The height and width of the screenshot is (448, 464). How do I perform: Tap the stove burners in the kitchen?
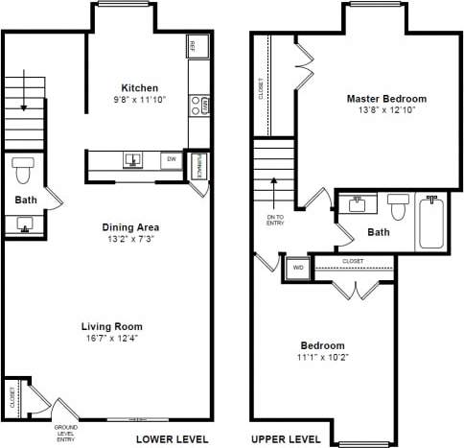(x=199, y=105)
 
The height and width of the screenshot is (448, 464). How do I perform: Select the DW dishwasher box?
(x=172, y=159)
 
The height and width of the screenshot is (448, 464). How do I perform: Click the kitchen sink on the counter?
(x=132, y=160)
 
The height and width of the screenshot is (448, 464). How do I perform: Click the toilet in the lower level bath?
(x=25, y=170)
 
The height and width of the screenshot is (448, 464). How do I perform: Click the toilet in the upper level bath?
(x=399, y=203)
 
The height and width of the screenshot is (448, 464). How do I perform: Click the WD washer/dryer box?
(x=297, y=269)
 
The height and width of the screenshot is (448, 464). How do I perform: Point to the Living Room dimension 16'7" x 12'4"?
(x=112, y=339)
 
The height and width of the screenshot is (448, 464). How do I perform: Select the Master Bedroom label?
(x=386, y=99)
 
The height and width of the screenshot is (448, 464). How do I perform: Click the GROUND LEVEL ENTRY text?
(x=66, y=432)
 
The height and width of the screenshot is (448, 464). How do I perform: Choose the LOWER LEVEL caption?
(x=171, y=438)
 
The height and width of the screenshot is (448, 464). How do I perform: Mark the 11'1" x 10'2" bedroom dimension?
(x=323, y=357)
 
